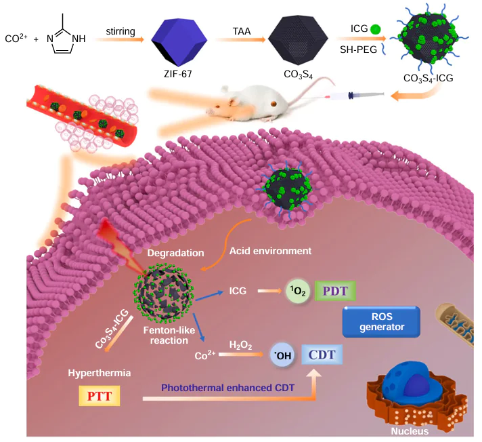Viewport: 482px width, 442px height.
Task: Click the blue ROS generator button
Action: pos(381,321)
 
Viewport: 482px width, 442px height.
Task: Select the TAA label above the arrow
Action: pos(241,31)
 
